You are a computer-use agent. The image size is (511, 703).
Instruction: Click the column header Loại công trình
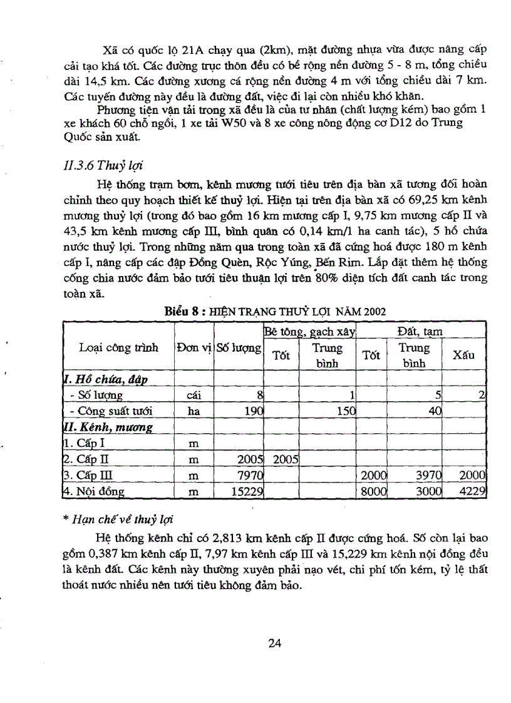(118, 347)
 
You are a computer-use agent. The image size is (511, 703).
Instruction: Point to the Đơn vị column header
(194, 347)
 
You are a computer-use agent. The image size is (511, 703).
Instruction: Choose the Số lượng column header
(238, 347)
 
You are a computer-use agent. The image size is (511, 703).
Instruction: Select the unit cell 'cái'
(194, 395)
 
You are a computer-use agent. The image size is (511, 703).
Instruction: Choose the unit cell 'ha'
(194, 411)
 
